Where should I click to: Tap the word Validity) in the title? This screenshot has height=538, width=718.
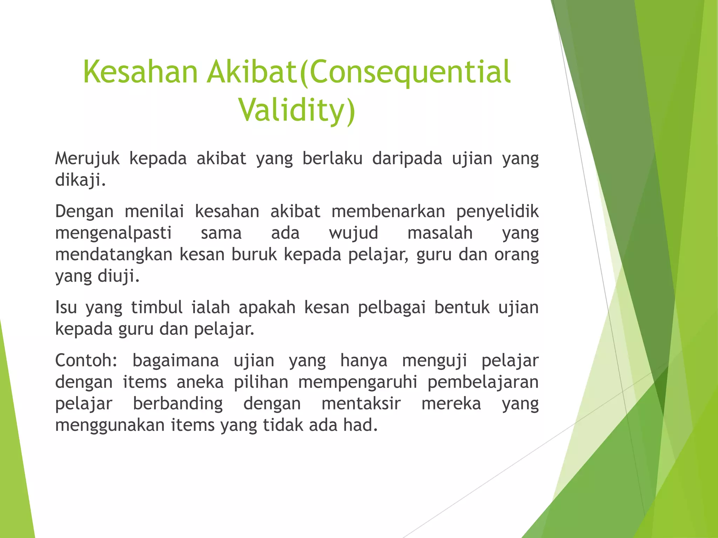click(x=297, y=110)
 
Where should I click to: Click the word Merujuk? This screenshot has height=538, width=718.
click(x=87, y=159)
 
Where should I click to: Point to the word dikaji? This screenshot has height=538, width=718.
click(x=80, y=180)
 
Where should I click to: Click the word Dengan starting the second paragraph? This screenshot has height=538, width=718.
click(x=84, y=212)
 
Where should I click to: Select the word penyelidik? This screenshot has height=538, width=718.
click(x=497, y=212)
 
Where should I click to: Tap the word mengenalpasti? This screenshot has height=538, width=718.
click(x=113, y=233)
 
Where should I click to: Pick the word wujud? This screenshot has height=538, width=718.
click(x=353, y=233)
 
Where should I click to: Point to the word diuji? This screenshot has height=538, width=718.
click(x=118, y=276)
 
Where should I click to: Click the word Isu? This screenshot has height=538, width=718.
click(x=66, y=308)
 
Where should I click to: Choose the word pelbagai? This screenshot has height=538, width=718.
click(x=391, y=308)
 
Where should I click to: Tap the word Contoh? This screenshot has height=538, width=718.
click(x=86, y=360)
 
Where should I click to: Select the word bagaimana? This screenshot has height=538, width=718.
click(x=175, y=360)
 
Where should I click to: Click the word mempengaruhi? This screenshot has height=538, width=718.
click(x=358, y=382)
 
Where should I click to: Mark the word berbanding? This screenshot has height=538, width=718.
click(x=178, y=404)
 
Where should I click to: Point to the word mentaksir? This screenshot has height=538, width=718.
click(x=361, y=404)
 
